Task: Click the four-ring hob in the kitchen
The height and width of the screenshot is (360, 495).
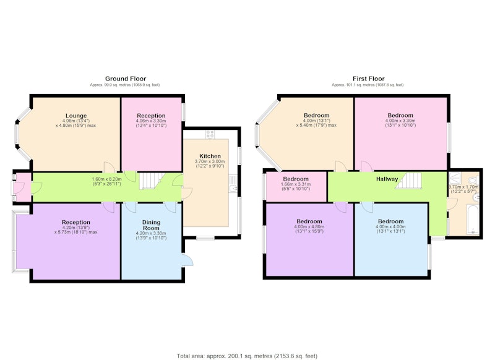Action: [x=210, y=134]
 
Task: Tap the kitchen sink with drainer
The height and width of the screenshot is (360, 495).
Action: [x=233, y=184]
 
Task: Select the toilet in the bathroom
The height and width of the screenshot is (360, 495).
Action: [x=473, y=180]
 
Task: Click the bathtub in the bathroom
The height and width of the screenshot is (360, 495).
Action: [x=473, y=220]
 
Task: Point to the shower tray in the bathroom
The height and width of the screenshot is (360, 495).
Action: [x=455, y=179]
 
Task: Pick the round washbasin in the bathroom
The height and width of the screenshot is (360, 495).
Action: [x=476, y=197]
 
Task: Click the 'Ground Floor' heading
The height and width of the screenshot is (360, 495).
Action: [x=126, y=79]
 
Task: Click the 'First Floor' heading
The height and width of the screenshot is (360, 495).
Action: [x=369, y=79]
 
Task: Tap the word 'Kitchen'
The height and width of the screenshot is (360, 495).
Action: [x=210, y=156]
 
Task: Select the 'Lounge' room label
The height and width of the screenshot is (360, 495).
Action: [x=76, y=116]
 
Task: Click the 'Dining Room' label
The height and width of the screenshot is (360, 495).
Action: [x=151, y=225]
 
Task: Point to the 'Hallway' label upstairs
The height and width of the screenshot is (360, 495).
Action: [x=387, y=179]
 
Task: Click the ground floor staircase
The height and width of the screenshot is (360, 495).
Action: [x=152, y=181]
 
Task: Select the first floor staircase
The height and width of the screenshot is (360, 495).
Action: [x=408, y=181]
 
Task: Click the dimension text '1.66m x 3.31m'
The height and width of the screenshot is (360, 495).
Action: [x=296, y=184]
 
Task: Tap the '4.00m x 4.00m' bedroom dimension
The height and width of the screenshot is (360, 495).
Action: [x=391, y=226]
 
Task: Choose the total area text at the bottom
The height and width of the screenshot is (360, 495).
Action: [x=247, y=356]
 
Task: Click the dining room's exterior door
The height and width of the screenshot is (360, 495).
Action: [x=189, y=260]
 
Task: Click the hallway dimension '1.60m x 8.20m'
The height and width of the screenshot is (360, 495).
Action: [x=106, y=179]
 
